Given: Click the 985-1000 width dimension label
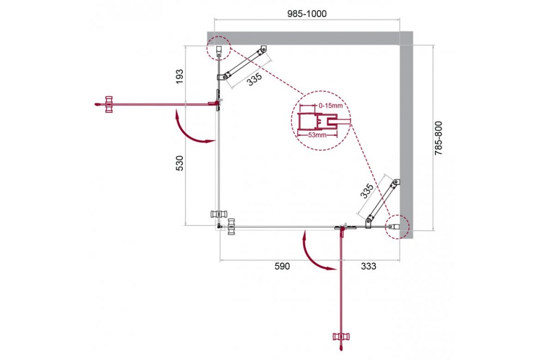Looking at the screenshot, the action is [307, 14].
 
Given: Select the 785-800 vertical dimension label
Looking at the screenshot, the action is [438, 138].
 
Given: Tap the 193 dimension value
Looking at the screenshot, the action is [180, 76].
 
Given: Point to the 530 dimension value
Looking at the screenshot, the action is [180, 163].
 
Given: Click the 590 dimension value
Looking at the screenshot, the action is [282, 266].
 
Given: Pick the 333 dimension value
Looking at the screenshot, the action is [369, 266].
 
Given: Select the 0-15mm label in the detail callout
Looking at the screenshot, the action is [330, 106].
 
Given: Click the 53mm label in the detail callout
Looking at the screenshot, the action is [317, 135].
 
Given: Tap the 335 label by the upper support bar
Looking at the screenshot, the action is [254, 79].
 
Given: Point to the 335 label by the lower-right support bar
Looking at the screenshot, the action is [366, 191].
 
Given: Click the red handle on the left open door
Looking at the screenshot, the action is [109, 104].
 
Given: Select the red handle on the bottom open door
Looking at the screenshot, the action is [341, 336].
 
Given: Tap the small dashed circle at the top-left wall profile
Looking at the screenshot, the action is [218, 48].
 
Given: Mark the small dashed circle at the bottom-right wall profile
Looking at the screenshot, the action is [397, 227].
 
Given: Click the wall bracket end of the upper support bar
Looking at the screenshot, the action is [263, 49].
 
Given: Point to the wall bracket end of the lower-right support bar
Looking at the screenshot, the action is [396, 183].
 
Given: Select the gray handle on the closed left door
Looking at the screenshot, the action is [219, 214].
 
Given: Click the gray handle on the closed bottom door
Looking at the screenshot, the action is [231, 226].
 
